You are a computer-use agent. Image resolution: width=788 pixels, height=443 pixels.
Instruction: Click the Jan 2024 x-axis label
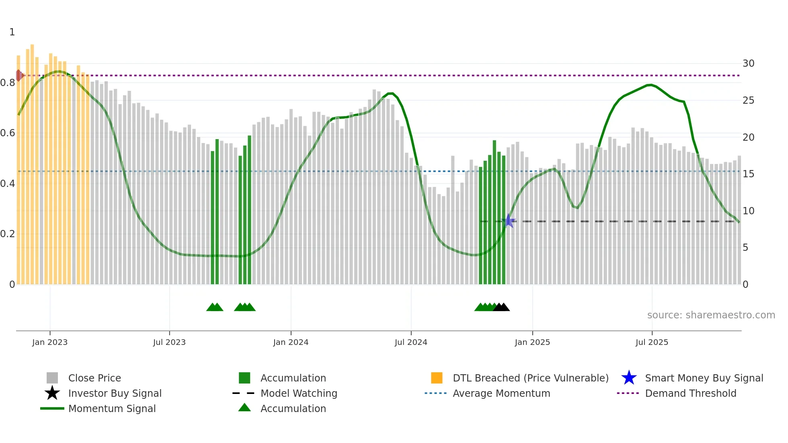click(291, 342)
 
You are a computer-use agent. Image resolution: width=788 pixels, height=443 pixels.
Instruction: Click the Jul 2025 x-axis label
click(652, 342)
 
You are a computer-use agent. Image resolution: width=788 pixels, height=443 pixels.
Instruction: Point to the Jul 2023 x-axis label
click(169, 342)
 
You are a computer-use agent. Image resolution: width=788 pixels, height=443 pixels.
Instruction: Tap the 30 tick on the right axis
click(748, 64)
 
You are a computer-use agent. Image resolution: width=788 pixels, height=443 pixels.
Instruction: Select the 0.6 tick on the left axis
click(8, 133)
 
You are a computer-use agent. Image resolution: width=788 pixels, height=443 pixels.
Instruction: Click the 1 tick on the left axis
click(12, 32)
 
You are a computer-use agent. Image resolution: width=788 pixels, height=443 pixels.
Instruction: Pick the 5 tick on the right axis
click(745, 248)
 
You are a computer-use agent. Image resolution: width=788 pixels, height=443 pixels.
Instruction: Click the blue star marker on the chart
click(509, 221)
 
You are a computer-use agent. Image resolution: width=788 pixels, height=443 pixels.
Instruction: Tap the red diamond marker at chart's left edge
click(19, 75)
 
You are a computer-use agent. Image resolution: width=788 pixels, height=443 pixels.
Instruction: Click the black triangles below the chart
click(501, 307)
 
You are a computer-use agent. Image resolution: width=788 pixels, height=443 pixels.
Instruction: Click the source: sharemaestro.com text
click(711, 315)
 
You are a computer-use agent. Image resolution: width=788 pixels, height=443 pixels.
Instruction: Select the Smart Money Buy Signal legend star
click(629, 378)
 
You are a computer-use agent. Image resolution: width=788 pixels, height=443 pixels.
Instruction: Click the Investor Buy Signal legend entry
click(115, 393)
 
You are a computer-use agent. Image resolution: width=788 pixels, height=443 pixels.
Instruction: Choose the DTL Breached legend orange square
click(437, 378)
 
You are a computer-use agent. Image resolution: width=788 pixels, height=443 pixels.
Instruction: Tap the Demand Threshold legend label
click(690, 393)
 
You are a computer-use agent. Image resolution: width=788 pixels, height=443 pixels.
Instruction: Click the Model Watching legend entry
click(298, 393)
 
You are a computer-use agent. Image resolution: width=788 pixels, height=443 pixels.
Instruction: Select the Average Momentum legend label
click(501, 393)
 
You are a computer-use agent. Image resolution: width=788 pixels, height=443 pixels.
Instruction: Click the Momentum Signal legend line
click(52, 408)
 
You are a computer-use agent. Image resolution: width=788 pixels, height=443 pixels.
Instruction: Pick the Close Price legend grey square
click(52, 378)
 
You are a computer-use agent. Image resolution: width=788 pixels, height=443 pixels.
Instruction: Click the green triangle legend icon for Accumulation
click(244, 408)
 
